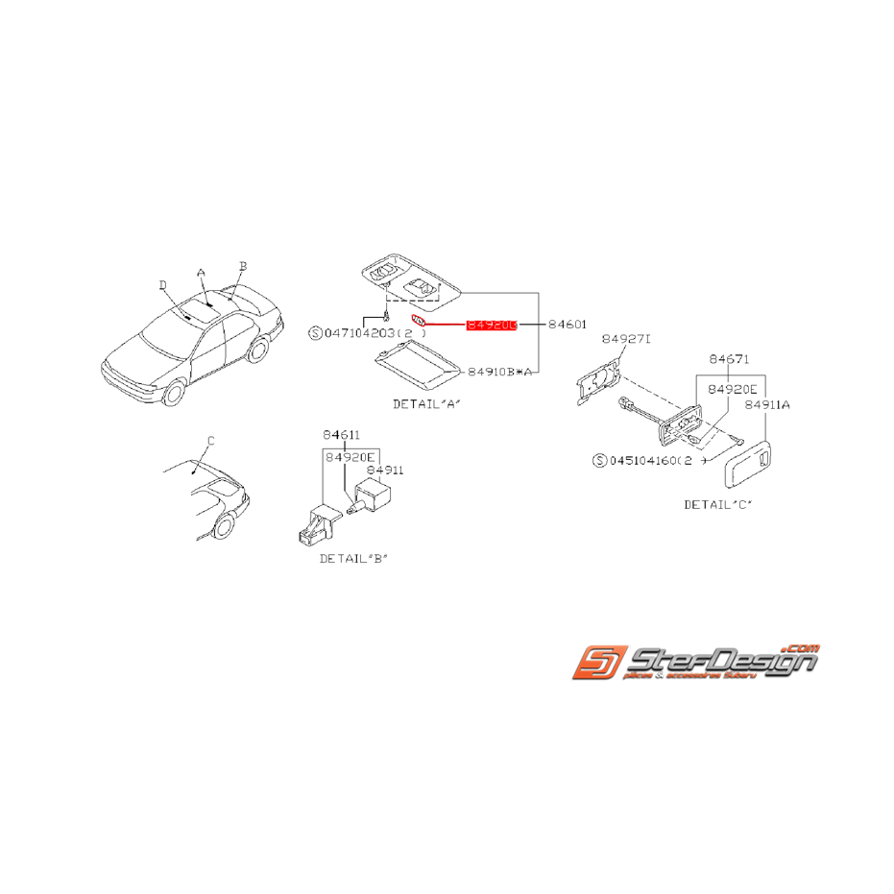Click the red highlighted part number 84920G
click(492, 326)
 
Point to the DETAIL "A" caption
click(426, 404)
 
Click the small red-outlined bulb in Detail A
click(418, 320)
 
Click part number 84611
click(342, 435)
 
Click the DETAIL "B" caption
click(354, 558)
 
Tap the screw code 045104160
click(641, 461)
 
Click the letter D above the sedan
click(162, 284)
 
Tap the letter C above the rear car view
click(211, 441)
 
